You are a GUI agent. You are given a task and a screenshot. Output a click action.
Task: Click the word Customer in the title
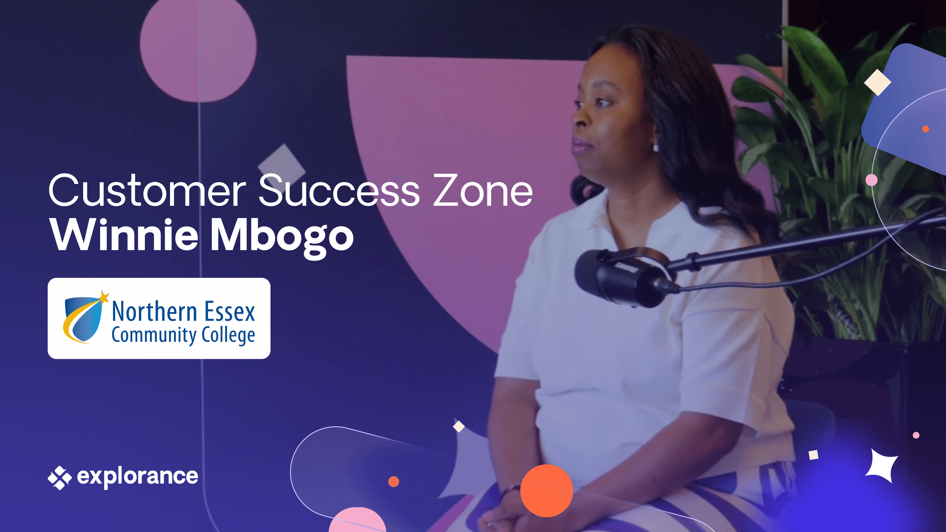pyautogui.click(x=147, y=190)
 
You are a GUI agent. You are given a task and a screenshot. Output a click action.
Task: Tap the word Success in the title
pyautogui.click(x=339, y=190)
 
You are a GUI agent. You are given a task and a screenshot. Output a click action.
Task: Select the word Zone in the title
pyautogui.click(x=483, y=190)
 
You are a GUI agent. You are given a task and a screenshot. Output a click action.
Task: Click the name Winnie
pyautogui.click(x=125, y=235)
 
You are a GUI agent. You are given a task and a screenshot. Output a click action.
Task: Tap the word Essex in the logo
pyautogui.click(x=230, y=311)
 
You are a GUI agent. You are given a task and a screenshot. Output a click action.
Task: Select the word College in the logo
pyautogui.click(x=228, y=335)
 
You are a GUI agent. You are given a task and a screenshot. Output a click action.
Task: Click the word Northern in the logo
pyautogui.click(x=154, y=311)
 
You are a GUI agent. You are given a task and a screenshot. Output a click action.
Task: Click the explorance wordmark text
pyautogui.click(x=137, y=477)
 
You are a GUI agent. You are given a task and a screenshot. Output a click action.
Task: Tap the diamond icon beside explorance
pyautogui.click(x=59, y=478)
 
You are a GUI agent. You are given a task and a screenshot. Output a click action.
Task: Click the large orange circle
pyautogui.click(x=547, y=491)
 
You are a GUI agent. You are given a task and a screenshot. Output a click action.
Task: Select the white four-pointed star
pyautogui.click(x=882, y=465)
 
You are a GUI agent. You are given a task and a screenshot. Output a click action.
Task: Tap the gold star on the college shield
pyautogui.click(x=104, y=296)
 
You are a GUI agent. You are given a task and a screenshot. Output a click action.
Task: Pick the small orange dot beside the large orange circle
pyautogui.click(x=394, y=481)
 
